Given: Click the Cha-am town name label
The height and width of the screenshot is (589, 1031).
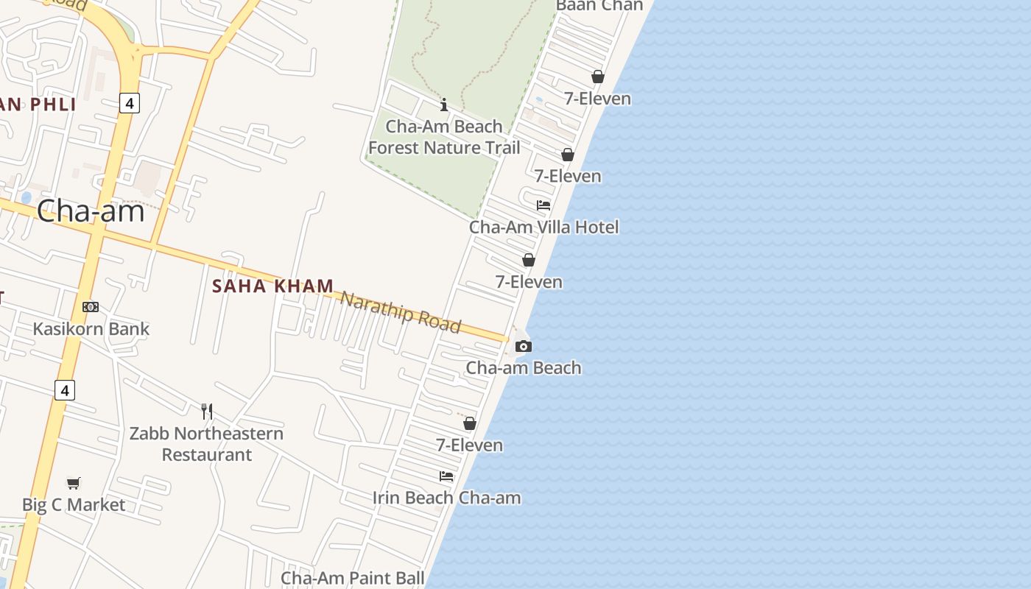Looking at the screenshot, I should [91, 211].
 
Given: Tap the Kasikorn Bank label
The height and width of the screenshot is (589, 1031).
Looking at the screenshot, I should [91, 328].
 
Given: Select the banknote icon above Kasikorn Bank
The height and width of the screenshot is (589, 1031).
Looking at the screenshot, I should [91, 307].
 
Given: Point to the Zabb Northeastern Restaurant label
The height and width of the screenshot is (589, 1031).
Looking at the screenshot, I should [206, 443].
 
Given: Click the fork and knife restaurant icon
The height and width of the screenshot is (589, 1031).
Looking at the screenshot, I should [207, 411].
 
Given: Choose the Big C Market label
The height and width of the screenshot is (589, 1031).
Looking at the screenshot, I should [74, 505].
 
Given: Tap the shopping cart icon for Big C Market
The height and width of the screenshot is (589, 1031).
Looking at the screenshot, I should [74, 483].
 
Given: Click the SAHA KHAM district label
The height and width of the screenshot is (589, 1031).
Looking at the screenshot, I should [273, 286].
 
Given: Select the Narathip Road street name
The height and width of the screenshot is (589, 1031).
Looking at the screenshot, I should [401, 311].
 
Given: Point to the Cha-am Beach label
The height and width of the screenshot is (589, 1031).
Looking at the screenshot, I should [524, 367].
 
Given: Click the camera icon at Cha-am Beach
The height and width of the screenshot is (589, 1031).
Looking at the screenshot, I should [523, 346].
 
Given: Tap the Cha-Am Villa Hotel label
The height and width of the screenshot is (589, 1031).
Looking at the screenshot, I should [543, 227].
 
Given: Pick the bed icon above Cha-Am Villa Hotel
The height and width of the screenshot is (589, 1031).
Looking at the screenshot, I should [543, 205].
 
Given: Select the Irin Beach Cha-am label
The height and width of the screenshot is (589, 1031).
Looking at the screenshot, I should [446, 498].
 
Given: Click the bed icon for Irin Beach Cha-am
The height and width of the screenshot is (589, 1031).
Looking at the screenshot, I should [446, 476].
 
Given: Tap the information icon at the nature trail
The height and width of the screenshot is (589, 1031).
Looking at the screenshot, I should [444, 105].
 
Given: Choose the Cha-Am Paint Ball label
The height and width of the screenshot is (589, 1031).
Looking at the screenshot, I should [353, 578].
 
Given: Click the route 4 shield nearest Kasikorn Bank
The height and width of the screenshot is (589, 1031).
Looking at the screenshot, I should [65, 390].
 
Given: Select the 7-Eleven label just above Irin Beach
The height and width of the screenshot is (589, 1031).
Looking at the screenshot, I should [469, 445].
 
